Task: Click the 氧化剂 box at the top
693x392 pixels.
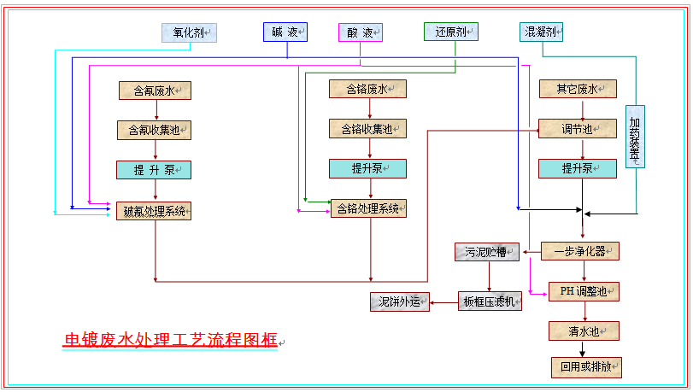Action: pyautogui.click(x=190, y=32)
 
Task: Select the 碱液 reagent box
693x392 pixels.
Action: pyautogui.click(x=285, y=32)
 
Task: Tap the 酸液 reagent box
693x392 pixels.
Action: pyautogui.click(x=361, y=32)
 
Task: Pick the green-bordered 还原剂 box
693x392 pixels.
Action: pyautogui.click(x=450, y=32)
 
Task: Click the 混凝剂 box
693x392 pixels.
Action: pyautogui.click(x=542, y=32)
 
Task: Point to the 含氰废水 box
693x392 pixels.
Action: pyautogui.click(x=155, y=89)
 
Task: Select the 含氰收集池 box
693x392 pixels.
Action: pyautogui.click(x=155, y=130)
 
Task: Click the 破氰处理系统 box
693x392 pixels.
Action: pyautogui.click(x=155, y=211)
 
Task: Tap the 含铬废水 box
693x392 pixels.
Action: pyautogui.click(x=367, y=89)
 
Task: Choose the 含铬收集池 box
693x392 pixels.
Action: pyautogui.click(x=367, y=130)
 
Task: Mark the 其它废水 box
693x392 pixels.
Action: pyautogui.click(x=578, y=89)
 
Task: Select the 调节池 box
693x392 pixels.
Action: pyautogui.click(x=578, y=130)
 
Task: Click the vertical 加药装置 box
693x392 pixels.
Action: pyautogui.click(x=635, y=136)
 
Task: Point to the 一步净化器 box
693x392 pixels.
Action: pyautogui.click(x=580, y=251)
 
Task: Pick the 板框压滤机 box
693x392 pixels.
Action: pyautogui.click(x=490, y=301)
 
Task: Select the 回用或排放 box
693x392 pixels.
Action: pyautogui.click(x=586, y=368)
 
